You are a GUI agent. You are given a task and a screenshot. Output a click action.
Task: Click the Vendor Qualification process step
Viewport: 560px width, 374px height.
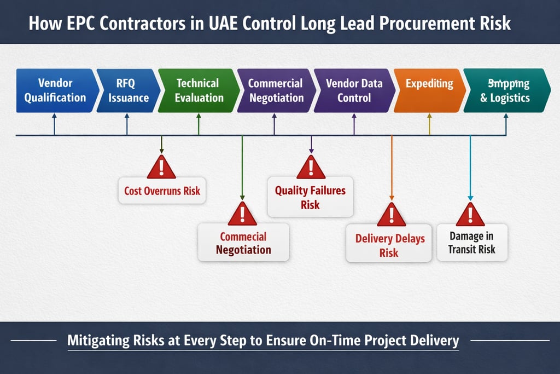click(x=55, y=90)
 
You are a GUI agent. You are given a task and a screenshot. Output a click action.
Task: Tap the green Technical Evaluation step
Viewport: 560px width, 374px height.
click(x=198, y=90)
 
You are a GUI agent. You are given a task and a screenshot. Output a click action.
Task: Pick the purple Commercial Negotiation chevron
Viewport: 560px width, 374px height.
click(x=275, y=90)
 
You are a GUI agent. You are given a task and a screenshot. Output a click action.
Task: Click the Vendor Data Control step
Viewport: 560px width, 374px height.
click(x=354, y=90)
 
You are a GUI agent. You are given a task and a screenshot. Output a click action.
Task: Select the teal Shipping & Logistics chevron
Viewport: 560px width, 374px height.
click(x=505, y=90)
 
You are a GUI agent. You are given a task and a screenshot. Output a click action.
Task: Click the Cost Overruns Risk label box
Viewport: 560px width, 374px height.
click(x=162, y=191)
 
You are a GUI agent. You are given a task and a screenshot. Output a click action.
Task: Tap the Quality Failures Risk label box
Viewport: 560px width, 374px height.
click(x=310, y=197)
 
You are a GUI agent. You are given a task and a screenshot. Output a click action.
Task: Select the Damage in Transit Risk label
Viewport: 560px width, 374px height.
click(x=471, y=243)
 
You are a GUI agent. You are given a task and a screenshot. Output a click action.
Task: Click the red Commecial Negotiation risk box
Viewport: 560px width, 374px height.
click(x=243, y=243)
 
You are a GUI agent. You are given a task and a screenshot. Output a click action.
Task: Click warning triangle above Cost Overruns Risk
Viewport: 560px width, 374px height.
click(x=161, y=168)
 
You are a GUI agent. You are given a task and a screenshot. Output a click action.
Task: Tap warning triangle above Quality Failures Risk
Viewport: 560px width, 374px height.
click(x=311, y=168)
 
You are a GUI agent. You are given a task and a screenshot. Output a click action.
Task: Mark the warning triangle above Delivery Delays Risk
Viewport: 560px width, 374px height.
click(x=391, y=215)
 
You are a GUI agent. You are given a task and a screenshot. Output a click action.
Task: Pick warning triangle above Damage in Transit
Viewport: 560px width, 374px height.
click(x=470, y=215)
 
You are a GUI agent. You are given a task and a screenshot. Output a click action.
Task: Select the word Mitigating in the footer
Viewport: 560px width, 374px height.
click(x=100, y=340)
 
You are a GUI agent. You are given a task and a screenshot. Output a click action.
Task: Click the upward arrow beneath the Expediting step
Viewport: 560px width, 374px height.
click(x=429, y=124)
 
